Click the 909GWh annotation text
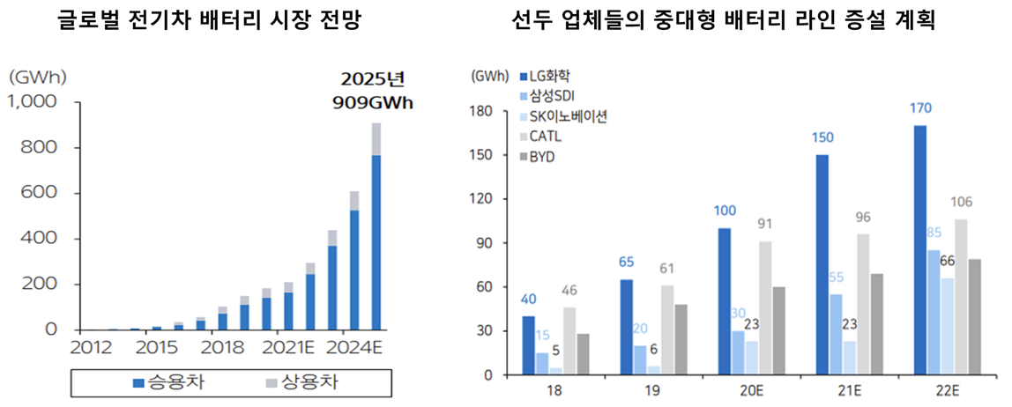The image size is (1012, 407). click(x=372, y=102)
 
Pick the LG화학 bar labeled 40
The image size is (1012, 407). click(x=528, y=345)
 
